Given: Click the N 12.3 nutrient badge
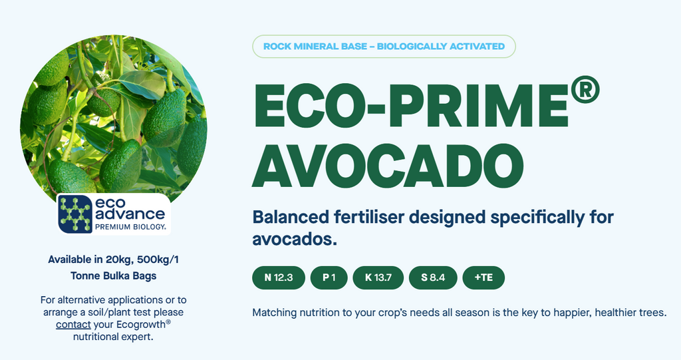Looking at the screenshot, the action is (x=279, y=277).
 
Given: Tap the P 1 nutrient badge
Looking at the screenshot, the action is (x=329, y=277).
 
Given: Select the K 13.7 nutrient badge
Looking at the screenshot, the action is (x=378, y=277).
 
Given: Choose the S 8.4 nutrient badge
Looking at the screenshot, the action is (x=433, y=277).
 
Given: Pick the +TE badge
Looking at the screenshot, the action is (x=483, y=277).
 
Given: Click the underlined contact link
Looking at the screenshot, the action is (x=73, y=324).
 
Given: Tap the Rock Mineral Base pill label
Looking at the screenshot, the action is (x=384, y=46).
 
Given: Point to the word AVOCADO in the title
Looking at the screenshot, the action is (x=388, y=166).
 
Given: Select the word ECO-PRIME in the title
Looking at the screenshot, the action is (x=410, y=105).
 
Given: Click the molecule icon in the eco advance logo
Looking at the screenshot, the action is (x=75, y=214).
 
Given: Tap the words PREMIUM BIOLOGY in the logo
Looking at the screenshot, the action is (x=130, y=226).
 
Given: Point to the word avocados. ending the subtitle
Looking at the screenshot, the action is (x=295, y=239).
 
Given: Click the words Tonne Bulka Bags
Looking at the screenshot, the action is (x=113, y=276).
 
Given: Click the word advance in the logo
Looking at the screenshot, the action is (x=130, y=214).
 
